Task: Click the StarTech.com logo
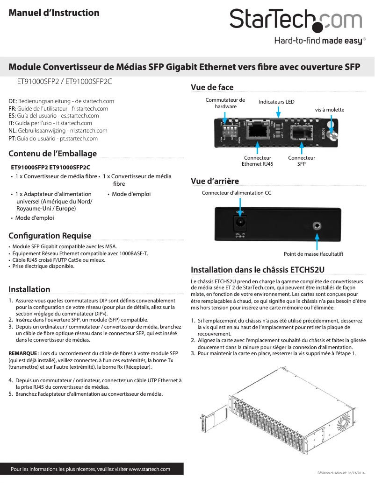(296, 21)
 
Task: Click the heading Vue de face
(212, 87)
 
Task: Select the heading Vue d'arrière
(215, 181)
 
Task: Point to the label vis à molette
(329, 110)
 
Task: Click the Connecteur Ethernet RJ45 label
(257, 161)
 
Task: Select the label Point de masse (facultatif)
(313, 254)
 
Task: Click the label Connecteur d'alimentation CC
(236, 193)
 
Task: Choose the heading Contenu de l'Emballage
(53, 154)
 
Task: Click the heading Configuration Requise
(50, 236)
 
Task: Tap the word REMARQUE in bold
(22, 352)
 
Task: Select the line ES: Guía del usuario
(54, 116)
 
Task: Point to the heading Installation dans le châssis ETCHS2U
(258, 270)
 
